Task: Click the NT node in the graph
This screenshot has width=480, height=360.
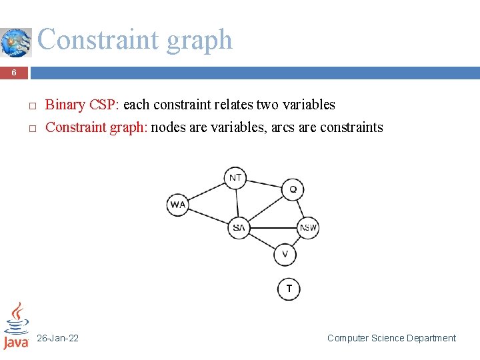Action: tap(235, 177)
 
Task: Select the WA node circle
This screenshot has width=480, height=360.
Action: tap(178, 205)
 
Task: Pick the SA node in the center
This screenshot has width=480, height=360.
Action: tap(238, 228)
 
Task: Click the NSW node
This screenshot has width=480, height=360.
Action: tap(308, 228)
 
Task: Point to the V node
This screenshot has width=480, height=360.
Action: tap(285, 254)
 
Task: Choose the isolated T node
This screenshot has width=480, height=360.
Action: tap(289, 289)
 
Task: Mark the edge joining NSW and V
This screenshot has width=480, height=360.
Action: tap(297, 241)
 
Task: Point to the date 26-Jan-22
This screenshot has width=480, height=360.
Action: tap(57, 339)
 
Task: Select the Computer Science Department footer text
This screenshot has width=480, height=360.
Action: tap(391, 339)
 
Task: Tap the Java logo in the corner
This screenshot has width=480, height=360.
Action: tap(16, 326)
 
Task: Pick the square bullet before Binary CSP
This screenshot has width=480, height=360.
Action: tap(31, 106)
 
